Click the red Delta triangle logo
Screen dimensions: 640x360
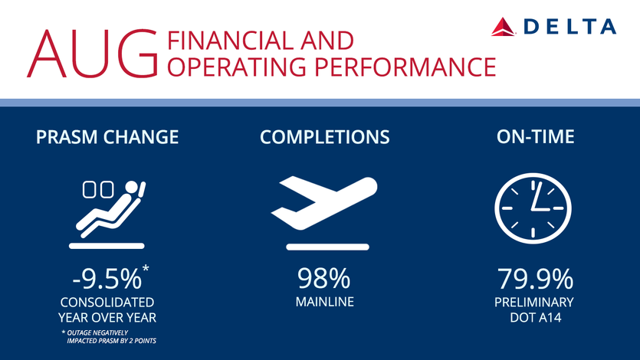pos(503,27)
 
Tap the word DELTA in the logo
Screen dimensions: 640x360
pos(569,27)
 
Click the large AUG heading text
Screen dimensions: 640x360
pos(93,54)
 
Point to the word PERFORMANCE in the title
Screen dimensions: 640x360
pos(405,67)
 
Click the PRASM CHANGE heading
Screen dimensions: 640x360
pos(107,137)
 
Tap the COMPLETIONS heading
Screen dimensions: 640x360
pos(325,137)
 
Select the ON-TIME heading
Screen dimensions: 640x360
pos(536,136)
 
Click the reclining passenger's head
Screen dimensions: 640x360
pos(131,187)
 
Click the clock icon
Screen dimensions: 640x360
pos(533,208)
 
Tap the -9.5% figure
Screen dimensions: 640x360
pos(107,279)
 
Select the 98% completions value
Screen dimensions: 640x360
pos(323,279)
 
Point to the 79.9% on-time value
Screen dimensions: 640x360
pos(535,279)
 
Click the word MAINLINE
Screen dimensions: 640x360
pos(325,302)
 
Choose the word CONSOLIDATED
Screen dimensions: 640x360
pos(107,303)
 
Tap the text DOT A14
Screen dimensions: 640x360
pos(536,318)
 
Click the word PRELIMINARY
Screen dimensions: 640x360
pos(534,303)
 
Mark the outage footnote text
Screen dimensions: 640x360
pos(109,337)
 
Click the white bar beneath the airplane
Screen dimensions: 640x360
pos(328,247)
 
